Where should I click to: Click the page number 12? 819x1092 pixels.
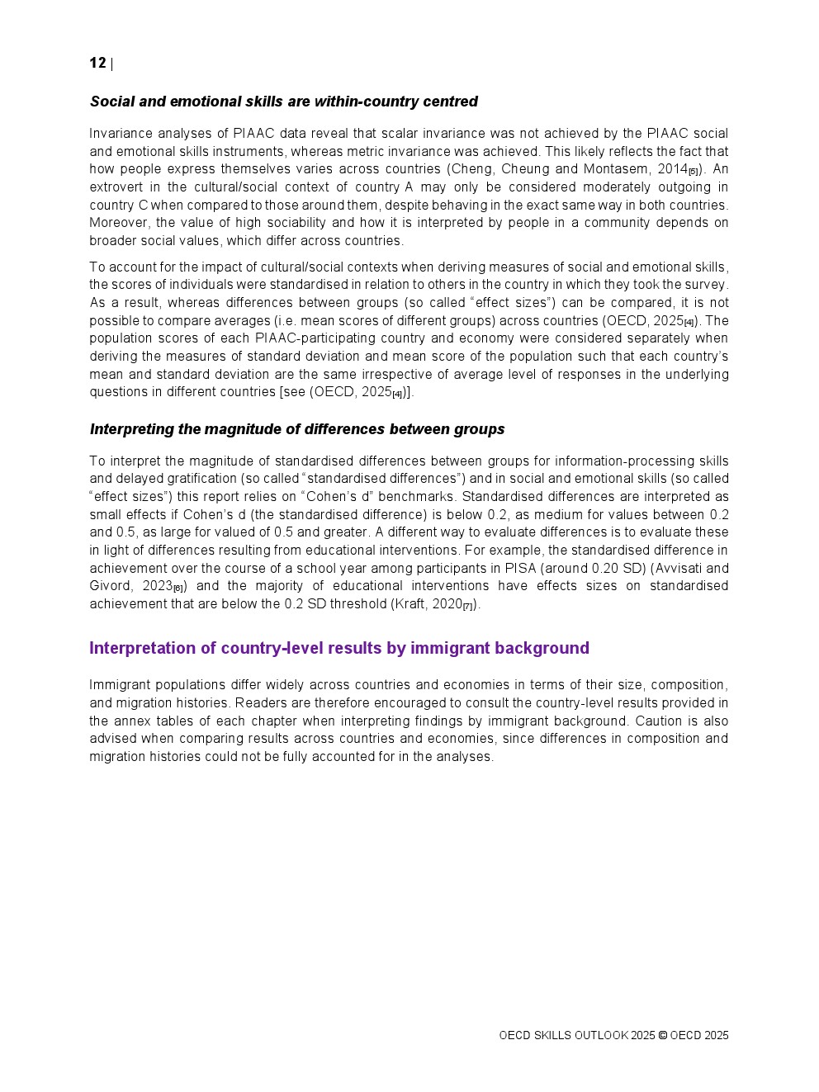coord(97,64)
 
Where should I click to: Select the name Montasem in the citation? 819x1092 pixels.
coord(618,169)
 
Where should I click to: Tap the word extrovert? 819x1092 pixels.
coord(116,187)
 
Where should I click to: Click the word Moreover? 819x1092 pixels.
coord(120,223)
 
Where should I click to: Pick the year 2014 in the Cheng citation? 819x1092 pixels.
coord(672,169)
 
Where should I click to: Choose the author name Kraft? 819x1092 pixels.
coord(410,604)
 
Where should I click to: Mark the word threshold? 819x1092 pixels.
coord(357,604)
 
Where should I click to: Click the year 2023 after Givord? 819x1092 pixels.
coord(157,586)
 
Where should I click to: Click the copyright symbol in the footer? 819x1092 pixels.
coord(662,1036)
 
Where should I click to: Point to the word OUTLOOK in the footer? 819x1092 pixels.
coord(601,1036)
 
